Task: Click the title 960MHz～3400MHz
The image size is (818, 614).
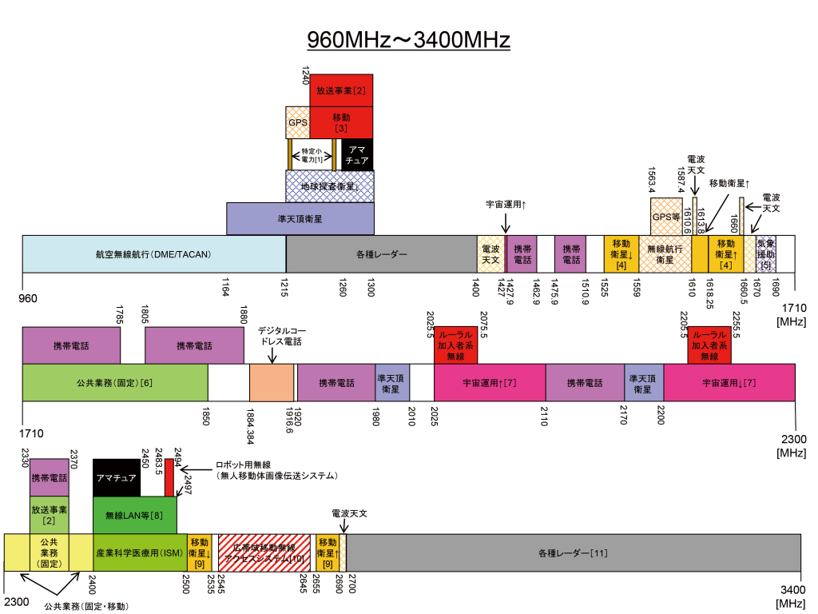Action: tap(409, 40)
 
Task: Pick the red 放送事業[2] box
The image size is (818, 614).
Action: tap(341, 90)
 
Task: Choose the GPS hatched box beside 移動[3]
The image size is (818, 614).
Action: tap(297, 123)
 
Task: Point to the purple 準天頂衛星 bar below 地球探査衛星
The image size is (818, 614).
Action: tap(300, 218)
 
